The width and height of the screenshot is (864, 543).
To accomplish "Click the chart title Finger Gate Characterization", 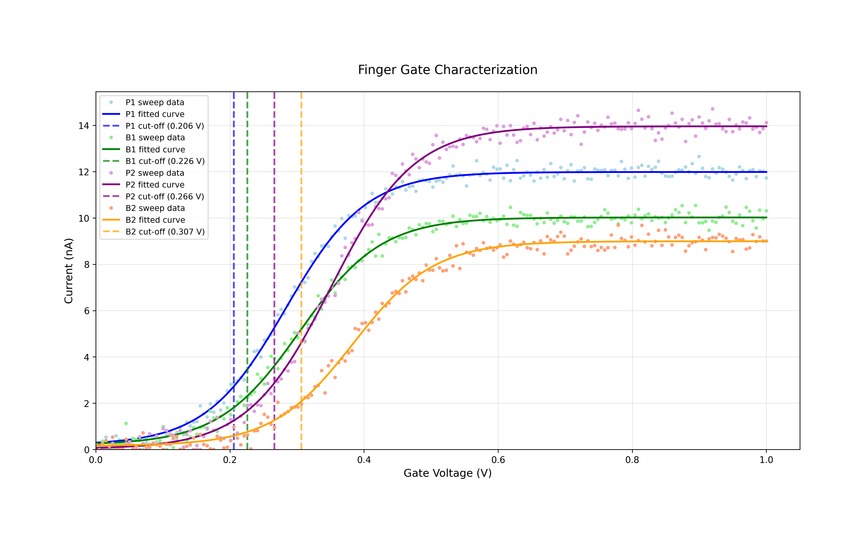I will click(447, 70).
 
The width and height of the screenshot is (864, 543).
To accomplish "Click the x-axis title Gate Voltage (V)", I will click(447, 473).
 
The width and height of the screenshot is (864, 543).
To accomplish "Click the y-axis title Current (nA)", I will click(69, 271).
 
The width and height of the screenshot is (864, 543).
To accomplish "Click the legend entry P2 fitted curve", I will click(155, 185).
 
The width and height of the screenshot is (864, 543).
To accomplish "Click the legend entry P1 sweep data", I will click(155, 102).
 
